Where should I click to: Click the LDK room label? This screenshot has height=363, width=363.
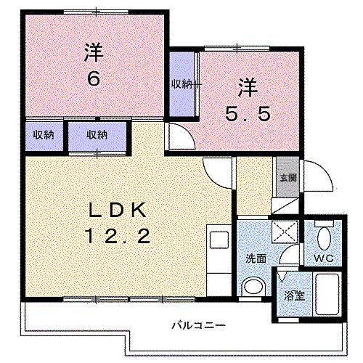click(120, 211)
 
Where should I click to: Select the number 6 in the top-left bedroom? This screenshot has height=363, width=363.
click(92, 78)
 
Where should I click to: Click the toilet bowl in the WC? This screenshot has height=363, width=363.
click(324, 236)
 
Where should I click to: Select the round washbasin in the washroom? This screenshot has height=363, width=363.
click(252, 287)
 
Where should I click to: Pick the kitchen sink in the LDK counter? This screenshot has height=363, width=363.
click(216, 238)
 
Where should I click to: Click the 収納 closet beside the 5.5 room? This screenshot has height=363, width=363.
click(183, 84)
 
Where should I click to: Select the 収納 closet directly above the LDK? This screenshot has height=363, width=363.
click(97, 135)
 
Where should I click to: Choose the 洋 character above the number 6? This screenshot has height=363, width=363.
click(92, 53)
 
